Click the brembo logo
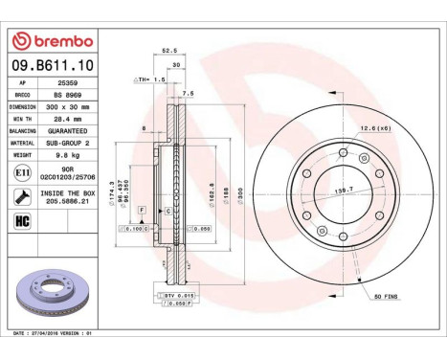pos(56,41)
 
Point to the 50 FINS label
pos(387,298)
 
